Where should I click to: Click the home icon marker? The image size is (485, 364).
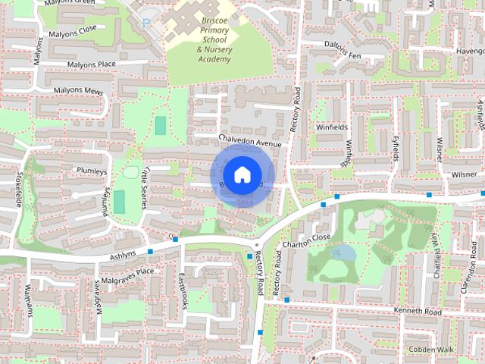[241, 175]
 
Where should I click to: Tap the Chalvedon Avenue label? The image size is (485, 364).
[249, 141]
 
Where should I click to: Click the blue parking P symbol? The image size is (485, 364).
[145, 24]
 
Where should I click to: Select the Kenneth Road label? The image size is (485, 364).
[416, 312]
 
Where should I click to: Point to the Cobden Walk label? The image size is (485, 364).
[430, 350]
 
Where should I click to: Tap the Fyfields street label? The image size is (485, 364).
[395, 145]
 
